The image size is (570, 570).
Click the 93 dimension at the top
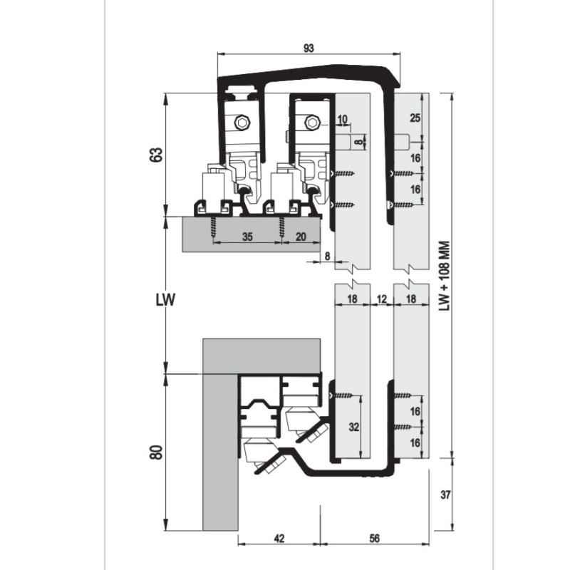pyautogui.click(x=309, y=48)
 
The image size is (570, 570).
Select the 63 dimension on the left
pyautogui.click(x=156, y=155)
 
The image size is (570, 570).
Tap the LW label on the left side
pyautogui.click(x=165, y=299)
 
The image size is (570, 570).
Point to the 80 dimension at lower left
pyautogui.click(x=156, y=452)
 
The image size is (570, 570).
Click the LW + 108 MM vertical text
pyautogui.click(x=444, y=276)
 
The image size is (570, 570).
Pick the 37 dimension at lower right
pyautogui.click(x=445, y=494)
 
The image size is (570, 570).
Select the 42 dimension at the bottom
pyautogui.click(x=279, y=539)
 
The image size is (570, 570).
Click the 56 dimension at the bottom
pyautogui.click(x=375, y=539)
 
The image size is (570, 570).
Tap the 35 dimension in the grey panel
pyautogui.click(x=247, y=237)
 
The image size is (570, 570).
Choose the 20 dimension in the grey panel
pyautogui.click(x=301, y=237)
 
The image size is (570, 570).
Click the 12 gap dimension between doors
pyautogui.click(x=382, y=299)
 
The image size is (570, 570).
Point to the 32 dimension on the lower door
pyautogui.click(x=353, y=427)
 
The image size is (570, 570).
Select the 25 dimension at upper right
pyautogui.click(x=415, y=118)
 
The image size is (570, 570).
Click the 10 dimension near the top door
pyautogui.click(x=343, y=119)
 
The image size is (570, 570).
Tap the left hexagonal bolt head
pyautogui.click(x=242, y=123)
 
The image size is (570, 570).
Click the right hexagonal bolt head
pyautogui.click(x=312, y=123)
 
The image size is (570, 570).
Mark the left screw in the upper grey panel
pyautogui.click(x=213, y=227)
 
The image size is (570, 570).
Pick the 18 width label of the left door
pyautogui.click(x=352, y=299)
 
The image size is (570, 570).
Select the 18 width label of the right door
pyautogui.click(x=411, y=299)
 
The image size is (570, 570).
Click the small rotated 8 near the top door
pyautogui.click(x=359, y=142)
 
